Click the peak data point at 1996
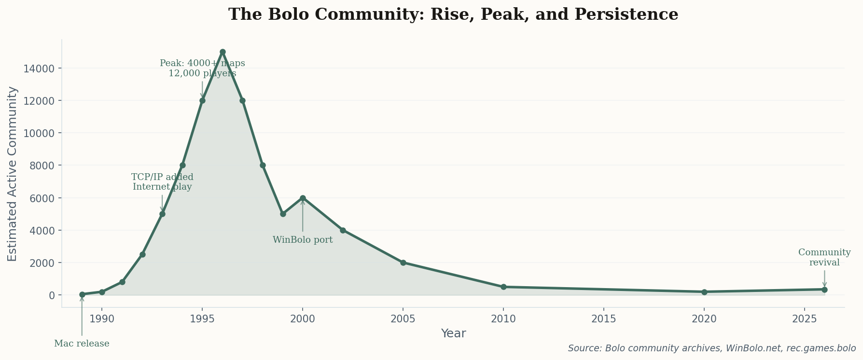[223, 52]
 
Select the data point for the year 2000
[303, 198]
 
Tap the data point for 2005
[403, 263]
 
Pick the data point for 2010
[503, 287]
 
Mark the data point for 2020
[704, 292]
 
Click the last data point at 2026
[824, 290]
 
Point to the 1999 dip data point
[283, 214]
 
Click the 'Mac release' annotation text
[82, 344]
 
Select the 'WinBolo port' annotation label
[303, 240]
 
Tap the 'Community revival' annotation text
[824, 258]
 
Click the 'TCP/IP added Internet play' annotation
[162, 182]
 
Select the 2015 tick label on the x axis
[604, 319]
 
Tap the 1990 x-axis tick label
[102, 319]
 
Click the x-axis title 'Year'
[453, 333]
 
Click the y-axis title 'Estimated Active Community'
[13, 174]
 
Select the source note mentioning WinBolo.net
[711, 348]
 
